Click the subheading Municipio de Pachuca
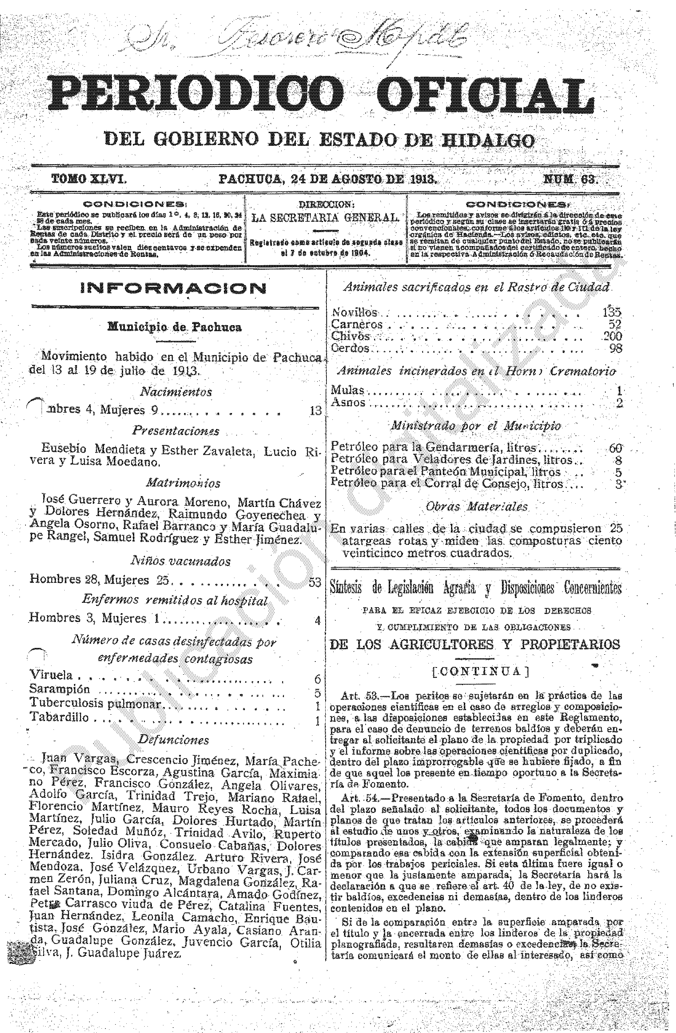pos(174,327)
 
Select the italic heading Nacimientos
pos(176,392)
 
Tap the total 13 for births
pos(315,411)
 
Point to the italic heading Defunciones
pos(173,739)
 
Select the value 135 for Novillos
pos(612,312)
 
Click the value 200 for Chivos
pos(612,336)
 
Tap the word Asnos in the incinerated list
pos(348,402)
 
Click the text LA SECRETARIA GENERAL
pos(325,218)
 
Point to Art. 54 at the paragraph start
pos(356,798)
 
